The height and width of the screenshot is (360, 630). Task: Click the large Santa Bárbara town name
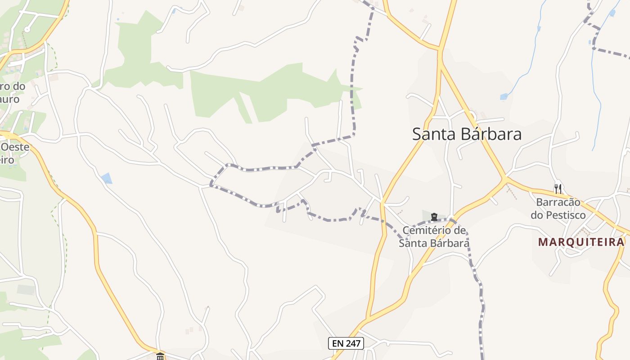click(x=467, y=134)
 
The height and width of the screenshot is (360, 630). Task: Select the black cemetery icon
click(x=434, y=217)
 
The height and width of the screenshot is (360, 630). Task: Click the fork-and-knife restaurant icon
click(x=558, y=189)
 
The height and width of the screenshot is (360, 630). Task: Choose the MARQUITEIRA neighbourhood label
click(x=581, y=242)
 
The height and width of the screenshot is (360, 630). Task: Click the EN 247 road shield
click(x=346, y=343)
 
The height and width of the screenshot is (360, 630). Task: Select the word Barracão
click(x=558, y=202)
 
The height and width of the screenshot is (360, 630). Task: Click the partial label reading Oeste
click(x=15, y=147)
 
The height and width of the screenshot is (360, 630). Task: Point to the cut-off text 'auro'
click(x=10, y=99)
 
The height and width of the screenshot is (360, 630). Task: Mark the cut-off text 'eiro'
click(x=8, y=160)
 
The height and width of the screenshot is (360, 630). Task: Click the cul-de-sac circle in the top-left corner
click(x=27, y=29)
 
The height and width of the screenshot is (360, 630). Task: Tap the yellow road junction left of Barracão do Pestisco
click(x=505, y=179)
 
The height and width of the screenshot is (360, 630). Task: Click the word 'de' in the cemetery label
click(x=459, y=231)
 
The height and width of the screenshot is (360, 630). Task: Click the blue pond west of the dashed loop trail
click(x=107, y=178)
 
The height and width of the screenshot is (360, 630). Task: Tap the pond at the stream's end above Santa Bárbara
click(x=504, y=96)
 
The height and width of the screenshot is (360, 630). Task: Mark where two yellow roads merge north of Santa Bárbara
click(x=440, y=49)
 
